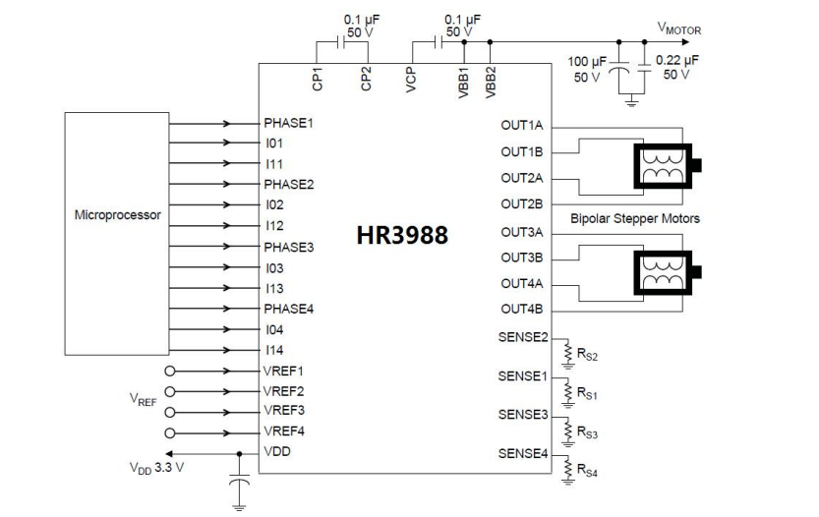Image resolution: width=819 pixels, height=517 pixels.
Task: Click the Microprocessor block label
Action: click(118, 214)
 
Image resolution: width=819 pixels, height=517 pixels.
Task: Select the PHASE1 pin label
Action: click(287, 124)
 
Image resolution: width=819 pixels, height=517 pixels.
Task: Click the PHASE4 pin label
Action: click(287, 310)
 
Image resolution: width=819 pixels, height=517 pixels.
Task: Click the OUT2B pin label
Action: click(522, 203)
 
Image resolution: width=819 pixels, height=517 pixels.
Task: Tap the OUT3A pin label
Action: click(522, 232)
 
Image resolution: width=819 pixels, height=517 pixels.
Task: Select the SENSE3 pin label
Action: click(523, 415)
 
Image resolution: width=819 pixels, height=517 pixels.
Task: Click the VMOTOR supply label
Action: click(679, 30)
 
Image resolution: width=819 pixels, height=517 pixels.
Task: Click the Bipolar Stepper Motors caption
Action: click(635, 218)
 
